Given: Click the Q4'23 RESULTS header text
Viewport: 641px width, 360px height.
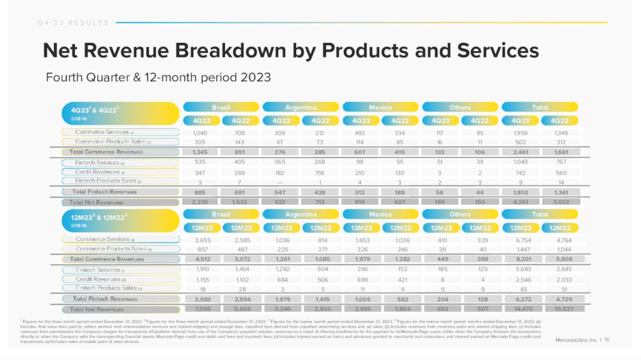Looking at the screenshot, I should tap(73, 23).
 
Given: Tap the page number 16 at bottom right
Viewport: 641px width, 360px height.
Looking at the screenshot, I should tap(607, 340).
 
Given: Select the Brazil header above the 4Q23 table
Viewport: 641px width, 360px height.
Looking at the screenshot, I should tap(221, 107).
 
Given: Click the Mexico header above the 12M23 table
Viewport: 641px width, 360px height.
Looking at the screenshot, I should tap(380, 214).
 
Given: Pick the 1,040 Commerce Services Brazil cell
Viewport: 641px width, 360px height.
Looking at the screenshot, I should tap(200, 133).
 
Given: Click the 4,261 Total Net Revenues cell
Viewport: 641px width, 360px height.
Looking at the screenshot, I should tap(520, 202).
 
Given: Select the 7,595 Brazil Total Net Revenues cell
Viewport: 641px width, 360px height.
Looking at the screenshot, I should tap(203, 309).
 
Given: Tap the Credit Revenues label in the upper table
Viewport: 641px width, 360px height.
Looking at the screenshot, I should tap(97, 172).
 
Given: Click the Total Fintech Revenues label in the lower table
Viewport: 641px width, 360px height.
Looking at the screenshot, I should tap(105, 299).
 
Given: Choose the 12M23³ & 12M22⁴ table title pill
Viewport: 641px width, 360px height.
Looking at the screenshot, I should tap(120, 220).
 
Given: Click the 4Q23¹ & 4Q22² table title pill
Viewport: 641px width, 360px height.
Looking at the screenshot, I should tap(120, 113).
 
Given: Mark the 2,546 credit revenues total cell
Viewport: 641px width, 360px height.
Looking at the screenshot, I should tap(523, 280).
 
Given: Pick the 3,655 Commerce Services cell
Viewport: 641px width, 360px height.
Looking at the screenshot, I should tap(203, 241).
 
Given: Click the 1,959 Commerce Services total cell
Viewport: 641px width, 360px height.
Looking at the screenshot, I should tap(520, 133).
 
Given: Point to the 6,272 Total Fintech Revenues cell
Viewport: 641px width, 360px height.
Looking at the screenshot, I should tap(523, 299).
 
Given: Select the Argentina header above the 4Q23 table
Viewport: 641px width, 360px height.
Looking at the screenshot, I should tap(300, 107).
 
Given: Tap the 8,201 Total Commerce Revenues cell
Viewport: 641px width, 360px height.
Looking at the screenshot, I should tap(523, 259).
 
